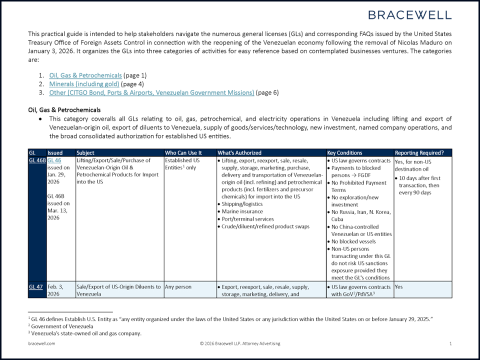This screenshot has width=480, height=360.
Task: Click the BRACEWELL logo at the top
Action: pyautogui.click(x=410, y=14)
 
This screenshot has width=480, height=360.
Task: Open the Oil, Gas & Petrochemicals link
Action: pyautogui.click(x=85, y=75)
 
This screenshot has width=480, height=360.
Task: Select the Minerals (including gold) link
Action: pyautogui.click(x=84, y=84)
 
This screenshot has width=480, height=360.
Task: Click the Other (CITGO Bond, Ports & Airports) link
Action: pyautogui.click(x=151, y=92)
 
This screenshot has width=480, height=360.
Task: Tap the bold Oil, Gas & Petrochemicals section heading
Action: pyautogui.click(x=64, y=109)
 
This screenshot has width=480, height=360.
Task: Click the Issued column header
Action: pyautogui.click(x=55, y=152)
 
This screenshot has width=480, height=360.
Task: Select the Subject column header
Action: pyautogui.click(x=85, y=152)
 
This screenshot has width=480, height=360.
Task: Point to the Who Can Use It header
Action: pyautogui.click(x=183, y=152)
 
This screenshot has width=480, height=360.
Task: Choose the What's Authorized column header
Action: pyautogui.click(x=239, y=152)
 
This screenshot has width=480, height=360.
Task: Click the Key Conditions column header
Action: pyautogui.click(x=344, y=152)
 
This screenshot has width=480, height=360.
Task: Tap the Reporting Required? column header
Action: pyautogui.click(x=419, y=152)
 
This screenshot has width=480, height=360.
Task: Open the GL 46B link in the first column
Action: pyautogui.click(x=37, y=160)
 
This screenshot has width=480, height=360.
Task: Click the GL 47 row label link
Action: pyautogui.click(x=35, y=287)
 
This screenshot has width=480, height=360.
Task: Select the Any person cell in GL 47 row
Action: pyautogui.click(x=178, y=287)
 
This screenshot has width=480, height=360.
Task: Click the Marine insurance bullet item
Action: pyautogui.click(x=242, y=211)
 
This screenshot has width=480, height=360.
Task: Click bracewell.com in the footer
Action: pyautogui.click(x=41, y=343)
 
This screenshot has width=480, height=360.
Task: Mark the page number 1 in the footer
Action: pyautogui.click(x=450, y=343)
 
